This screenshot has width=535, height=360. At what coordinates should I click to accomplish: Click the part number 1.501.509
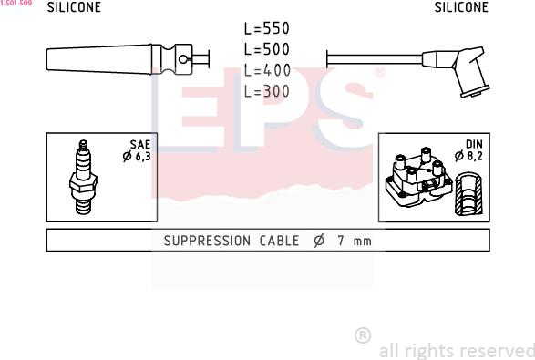(16, 3)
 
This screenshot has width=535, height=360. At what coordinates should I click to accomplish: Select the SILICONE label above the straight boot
(74, 7)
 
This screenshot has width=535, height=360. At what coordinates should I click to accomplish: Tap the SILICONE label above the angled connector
(461, 7)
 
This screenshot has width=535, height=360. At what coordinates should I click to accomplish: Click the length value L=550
(267, 28)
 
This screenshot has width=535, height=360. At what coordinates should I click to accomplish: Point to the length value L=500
(267, 49)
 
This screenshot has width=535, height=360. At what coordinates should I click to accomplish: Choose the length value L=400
(267, 70)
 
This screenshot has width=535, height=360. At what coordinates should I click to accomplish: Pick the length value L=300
(267, 91)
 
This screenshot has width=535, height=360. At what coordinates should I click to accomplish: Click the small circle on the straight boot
(183, 60)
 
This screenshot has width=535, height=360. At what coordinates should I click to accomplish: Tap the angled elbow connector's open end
(475, 91)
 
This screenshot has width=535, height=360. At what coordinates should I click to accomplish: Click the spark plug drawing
(83, 177)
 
